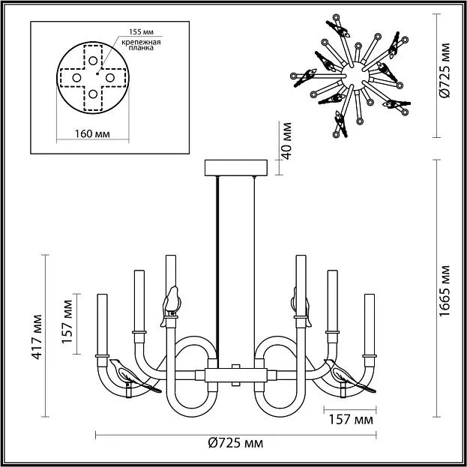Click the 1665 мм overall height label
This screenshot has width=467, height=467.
[x=445, y=292]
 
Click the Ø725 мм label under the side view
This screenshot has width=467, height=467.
[x=233, y=444]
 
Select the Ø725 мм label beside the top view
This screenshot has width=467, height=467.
[x=445, y=70]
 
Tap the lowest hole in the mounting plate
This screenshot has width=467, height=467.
[x=93, y=94]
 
